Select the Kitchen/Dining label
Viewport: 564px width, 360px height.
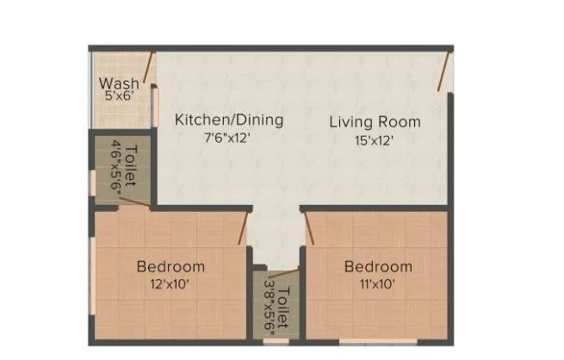tap(229, 120)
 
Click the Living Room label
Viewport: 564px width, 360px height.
tap(375, 121)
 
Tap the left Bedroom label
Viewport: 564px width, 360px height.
tap(170, 266)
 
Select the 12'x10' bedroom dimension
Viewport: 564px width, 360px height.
tap(170, 282)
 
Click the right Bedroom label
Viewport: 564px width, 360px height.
tap(377, 266)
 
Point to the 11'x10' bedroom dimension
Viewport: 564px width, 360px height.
tap(377, 282)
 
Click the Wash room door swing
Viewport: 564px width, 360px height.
tap(150, 67)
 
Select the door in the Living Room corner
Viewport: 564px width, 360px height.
tap(444, 71)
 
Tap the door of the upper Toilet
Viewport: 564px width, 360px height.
tap(133, 202)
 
